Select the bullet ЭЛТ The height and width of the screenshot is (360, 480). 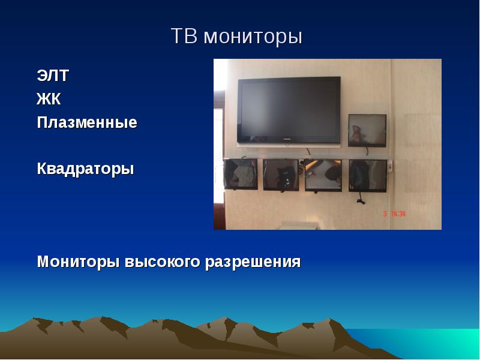(53, 76)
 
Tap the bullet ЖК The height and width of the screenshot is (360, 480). (49, 98)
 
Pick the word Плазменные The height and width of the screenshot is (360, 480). (87, 122)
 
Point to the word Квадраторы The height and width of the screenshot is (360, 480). (85, 169)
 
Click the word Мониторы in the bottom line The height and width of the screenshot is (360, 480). (78, 262)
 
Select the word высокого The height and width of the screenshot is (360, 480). (162, 262)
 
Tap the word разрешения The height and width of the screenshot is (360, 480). (253, 263)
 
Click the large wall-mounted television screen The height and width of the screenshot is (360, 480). (289, 110)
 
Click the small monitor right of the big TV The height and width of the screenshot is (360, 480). (367, 130)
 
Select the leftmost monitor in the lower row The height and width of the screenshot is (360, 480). (241, 174)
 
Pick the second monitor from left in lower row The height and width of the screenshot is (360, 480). (281, 175)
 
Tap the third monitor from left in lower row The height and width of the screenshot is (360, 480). (323, 175)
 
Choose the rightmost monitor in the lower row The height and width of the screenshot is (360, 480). (368, 176)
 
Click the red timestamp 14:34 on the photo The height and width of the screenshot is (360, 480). (398, 214)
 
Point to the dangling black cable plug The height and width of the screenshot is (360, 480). (361, 201)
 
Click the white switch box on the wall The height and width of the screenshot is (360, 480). (391, 166)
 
